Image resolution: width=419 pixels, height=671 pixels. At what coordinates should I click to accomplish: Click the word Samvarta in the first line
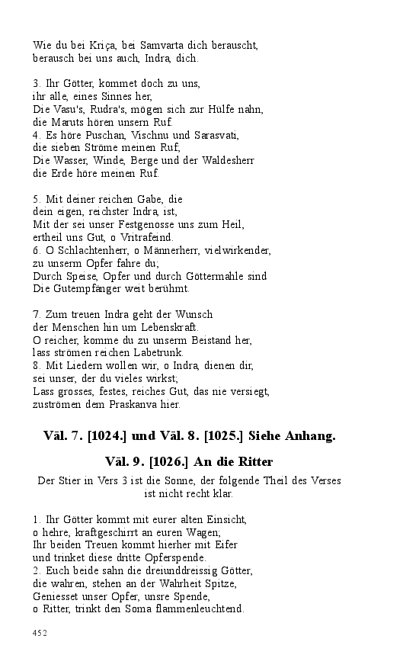(x=174, y=46)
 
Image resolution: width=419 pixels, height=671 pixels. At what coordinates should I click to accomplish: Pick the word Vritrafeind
(x=148, y=237)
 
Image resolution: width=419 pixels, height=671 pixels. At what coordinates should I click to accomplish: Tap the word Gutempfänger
(x=85, y=289)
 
